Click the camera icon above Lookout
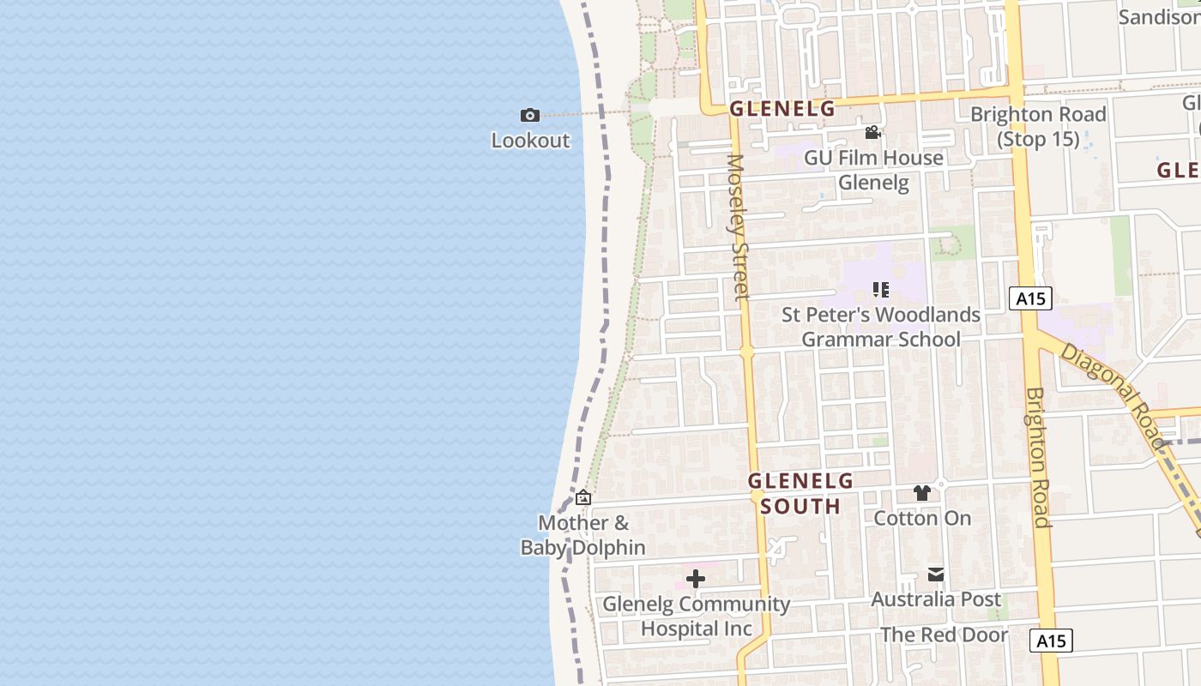[530, 115]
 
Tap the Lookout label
[530, 141]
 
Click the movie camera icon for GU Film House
[873, 132]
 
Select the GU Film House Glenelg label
[873, 170]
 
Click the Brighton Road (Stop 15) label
[1038, 126]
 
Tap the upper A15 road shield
[1030, 298]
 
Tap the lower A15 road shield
[1051, 641]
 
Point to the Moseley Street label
[737, 227]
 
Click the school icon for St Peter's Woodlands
[880, 290]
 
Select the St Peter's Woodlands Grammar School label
[881, 327]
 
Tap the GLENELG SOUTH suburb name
[800, 493]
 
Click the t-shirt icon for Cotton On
[922, 493]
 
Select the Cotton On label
[922, 518]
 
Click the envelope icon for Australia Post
[936, 575]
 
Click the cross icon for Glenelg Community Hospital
[696, 579]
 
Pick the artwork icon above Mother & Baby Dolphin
[583, 496]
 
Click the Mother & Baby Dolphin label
[583, 535]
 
